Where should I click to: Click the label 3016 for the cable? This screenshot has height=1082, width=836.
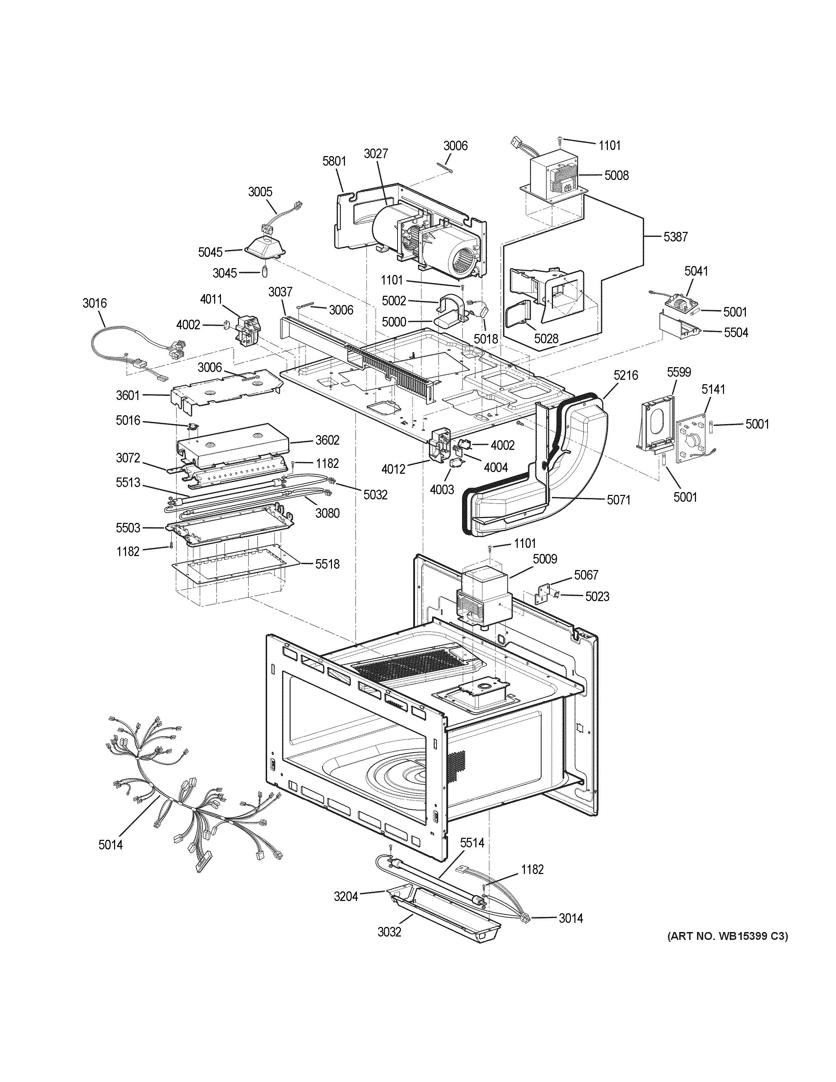[94, 303]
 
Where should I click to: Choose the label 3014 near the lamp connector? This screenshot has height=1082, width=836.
[571, 918]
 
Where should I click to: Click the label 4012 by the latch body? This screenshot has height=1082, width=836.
[393, 468]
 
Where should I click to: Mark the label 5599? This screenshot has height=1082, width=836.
[679, 372]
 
